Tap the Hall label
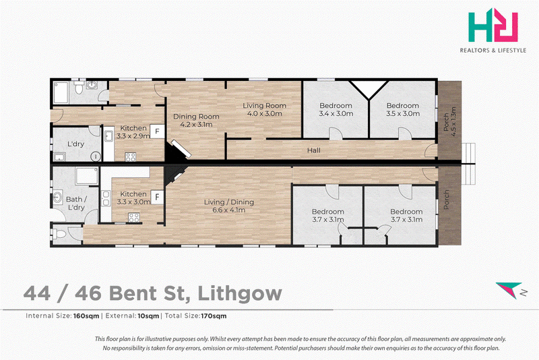click(x=314, y=150)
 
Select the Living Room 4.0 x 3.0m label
click(x=264, y=110)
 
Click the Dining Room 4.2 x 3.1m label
click(x=196, y=121)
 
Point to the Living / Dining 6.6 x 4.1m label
click(x=229, y=206)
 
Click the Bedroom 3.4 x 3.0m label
click(x=336, y=110)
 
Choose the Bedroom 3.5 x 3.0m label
click(x=403, y=110)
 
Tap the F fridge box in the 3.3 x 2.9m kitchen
click(x=157, y=131)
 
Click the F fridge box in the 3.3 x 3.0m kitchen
click(x=157, y=198)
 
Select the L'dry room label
click(x=75, y=144)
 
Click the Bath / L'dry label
click(x=76, y=203)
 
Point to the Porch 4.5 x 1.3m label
click(x=449, y=122)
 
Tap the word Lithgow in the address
click(x=240, y=293)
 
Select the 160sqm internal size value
click(x=86, y=316)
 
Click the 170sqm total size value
click(x=214, y=316)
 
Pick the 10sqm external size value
click(x=148, y=316)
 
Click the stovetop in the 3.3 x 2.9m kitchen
click(x=130, y=157)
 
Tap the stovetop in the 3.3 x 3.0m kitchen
click(x=133, y=217)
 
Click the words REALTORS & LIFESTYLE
click(x=493, y=51)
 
